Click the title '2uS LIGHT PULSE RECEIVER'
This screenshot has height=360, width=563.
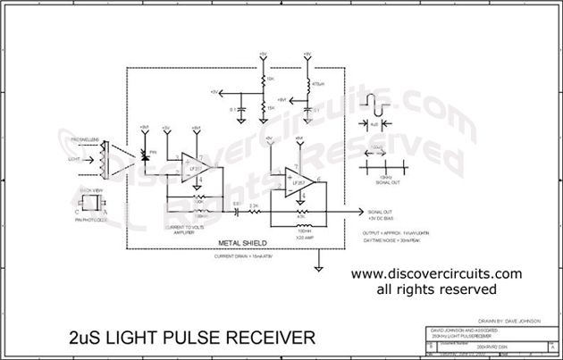(x=191, y=339)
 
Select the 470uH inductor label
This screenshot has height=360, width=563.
(x=316, y=85)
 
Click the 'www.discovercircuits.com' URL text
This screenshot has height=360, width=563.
(x=422, y=273)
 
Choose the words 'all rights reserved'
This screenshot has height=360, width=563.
(x=422, y=289)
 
